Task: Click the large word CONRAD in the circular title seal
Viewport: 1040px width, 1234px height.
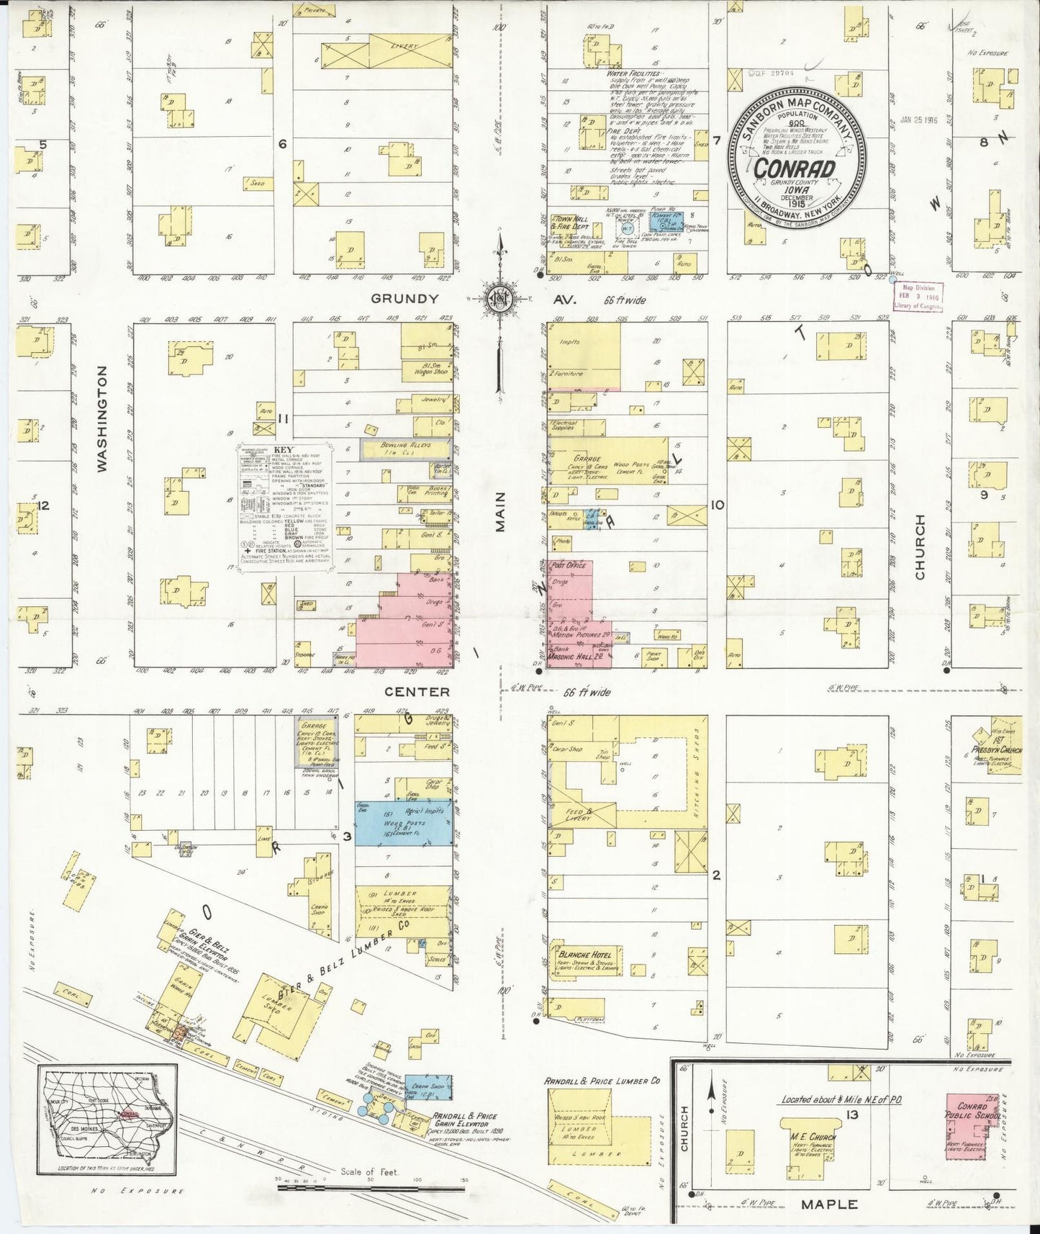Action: (x=795, y=169)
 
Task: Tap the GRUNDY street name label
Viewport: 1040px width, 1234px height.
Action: (x=404, y=298)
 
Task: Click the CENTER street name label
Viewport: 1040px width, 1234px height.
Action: (x=417, y=692)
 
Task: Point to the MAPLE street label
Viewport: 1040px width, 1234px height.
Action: (x=829, y=1204)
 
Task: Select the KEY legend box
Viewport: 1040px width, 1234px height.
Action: (x=286, y=508)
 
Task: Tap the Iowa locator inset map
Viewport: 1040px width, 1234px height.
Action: (x=108, y=1119)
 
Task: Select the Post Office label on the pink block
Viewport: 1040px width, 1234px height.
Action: (x=568, y=565)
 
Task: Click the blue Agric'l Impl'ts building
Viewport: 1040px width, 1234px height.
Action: (x=404, y=822)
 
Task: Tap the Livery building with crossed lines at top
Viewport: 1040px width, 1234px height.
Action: (x=386, y=51)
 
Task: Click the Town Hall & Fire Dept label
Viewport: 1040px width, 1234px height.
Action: (x=572, y=222)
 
